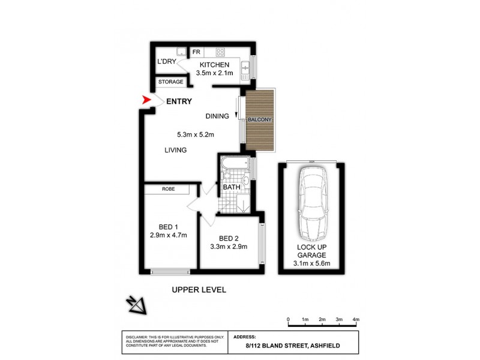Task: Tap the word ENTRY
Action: point(179,101)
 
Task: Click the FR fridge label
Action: point(196,52)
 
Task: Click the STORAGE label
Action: point(170,82)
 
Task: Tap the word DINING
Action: point(217,116)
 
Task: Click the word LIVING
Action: point(176,150)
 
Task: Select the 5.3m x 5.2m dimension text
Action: point(196,134)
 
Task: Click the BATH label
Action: point(232,187)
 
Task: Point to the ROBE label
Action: point(168,189)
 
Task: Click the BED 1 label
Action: point(169,226)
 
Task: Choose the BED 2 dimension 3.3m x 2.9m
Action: point(229,246)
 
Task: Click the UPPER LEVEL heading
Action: point(199,290)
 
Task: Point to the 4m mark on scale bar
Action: point(356,319)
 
